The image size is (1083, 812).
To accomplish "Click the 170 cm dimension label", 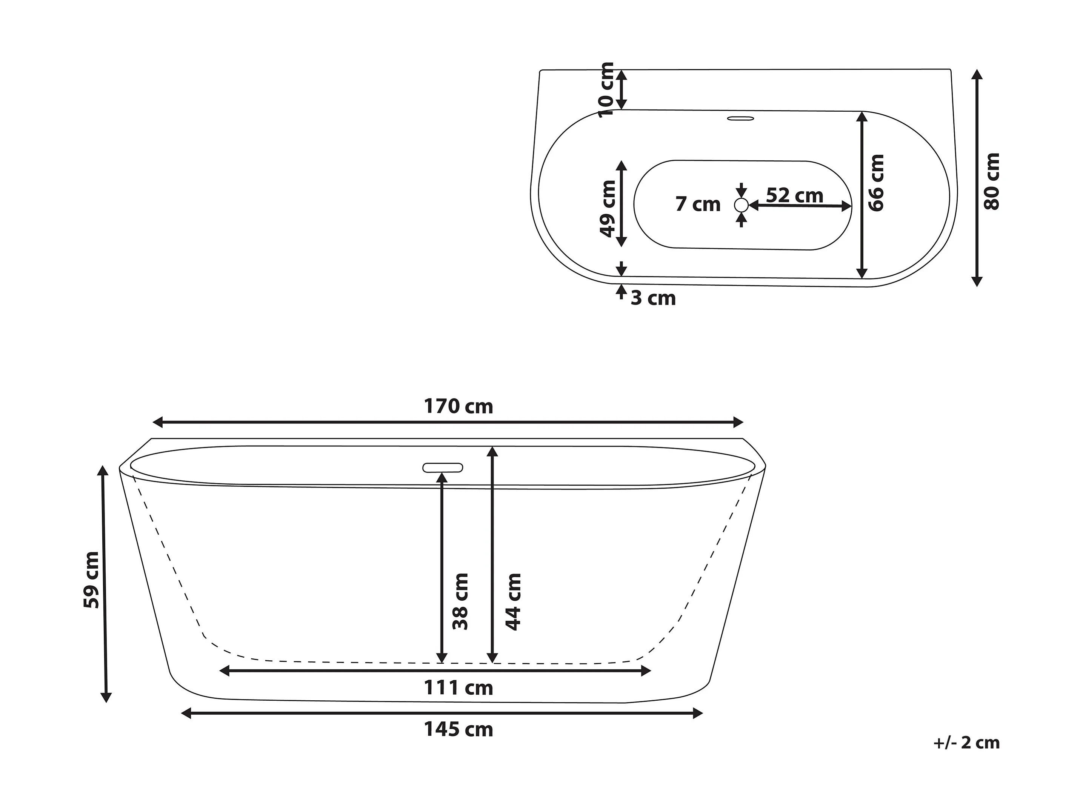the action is (458, 406).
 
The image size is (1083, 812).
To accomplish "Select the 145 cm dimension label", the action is (458, 729).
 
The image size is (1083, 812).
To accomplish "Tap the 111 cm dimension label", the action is (458, 688).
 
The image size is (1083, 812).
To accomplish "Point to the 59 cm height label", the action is (92, 580).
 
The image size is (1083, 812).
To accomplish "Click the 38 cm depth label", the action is (461, 601).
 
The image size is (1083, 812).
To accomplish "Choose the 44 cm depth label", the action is (513, 601).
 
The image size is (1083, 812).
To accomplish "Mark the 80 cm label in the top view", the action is (992, 181).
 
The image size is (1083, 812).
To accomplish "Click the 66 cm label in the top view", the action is (876, 183).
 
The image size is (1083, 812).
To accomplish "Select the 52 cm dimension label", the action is (795, 195).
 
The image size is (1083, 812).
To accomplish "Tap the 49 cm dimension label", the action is (608, 209).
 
